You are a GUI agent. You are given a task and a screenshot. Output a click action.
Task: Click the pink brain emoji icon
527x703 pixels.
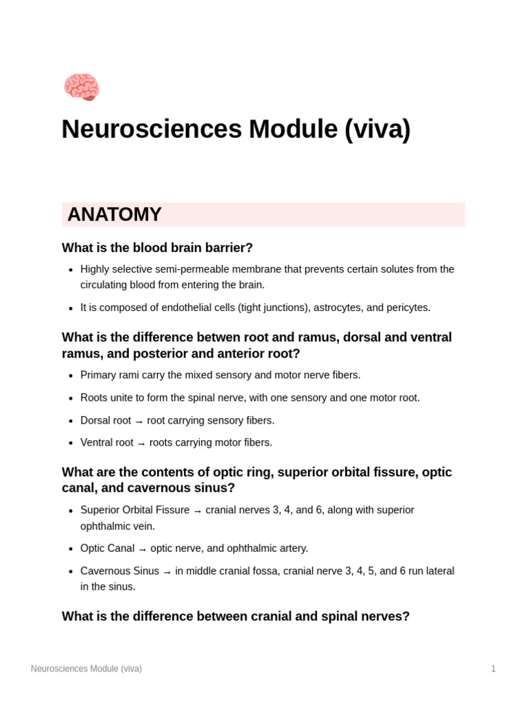tap(82, 87)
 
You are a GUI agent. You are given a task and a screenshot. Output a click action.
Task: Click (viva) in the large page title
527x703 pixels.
tap(377, 129)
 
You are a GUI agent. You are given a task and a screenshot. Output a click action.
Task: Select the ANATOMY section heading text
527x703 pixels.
tap(115, 214)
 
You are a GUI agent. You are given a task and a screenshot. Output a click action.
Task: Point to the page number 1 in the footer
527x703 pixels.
tap(493, 669)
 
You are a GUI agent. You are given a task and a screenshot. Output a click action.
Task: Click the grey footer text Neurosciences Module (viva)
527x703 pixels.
tap(86, 669)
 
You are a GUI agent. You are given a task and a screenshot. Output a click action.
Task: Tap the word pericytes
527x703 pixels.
tap(407, 308)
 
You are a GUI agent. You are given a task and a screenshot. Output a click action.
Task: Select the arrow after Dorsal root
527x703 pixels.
tap(139, 421)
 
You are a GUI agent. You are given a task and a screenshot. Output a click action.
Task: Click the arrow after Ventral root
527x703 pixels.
tap(141, 443)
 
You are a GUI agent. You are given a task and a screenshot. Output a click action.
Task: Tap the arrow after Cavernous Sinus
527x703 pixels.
tap(167, 572)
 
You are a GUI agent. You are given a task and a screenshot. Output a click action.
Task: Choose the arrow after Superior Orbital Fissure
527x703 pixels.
tap(198, 511)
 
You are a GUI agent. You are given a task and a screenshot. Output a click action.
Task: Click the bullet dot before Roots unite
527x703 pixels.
tap(71, 398)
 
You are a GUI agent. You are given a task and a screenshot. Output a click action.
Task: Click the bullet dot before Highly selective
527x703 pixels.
tap(71, 270)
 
